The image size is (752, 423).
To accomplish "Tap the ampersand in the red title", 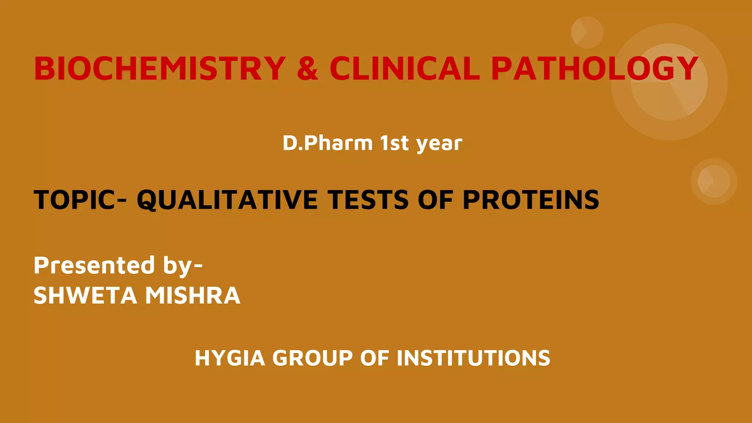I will click(307, 69).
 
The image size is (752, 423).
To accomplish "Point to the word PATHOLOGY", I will click(594, 69).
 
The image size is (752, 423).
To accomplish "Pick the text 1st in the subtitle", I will click(394, 143).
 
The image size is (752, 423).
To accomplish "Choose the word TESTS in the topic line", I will click(369, 200).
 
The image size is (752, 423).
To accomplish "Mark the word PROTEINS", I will click(531, 200).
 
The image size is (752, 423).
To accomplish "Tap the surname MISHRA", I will click(193, 296).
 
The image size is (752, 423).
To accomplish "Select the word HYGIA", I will click(230, 358).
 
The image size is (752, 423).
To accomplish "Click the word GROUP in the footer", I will click(312, 358).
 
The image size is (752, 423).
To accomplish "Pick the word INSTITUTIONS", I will click(473, 358).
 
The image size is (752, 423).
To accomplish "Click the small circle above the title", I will click(587, 32).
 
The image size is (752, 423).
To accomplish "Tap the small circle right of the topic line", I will click(713, 181).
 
